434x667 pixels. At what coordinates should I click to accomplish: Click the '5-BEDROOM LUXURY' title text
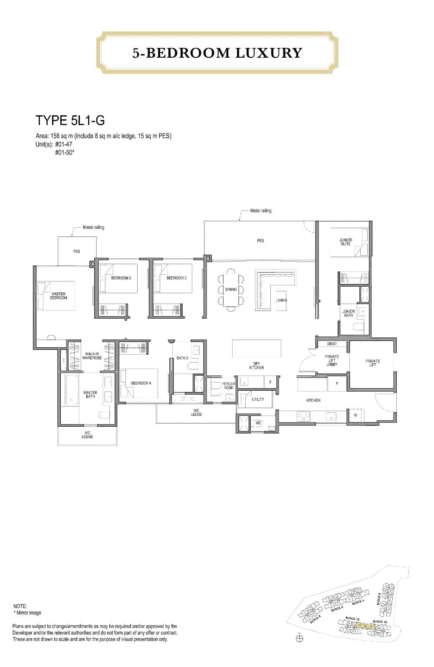pos(217,53)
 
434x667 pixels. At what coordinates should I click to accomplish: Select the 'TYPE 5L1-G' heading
pos(70,120)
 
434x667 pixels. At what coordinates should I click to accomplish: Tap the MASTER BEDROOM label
pos(59,296)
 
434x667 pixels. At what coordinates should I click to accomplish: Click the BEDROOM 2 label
pos(121,278)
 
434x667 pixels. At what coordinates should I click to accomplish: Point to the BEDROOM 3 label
pos(176,278)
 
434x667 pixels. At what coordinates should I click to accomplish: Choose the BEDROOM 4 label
pos(141,383)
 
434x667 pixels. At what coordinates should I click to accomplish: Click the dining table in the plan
pos(231,289)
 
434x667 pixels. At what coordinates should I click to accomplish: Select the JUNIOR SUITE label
pos(345,242)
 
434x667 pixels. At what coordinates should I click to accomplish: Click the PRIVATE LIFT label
pos(372,363)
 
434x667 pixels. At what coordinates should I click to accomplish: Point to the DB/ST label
pos(332,344)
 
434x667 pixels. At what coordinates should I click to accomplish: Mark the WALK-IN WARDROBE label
pos(92,356)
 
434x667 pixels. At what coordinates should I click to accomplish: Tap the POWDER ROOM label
pos(229,386)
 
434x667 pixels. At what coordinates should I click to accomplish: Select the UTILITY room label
pos(258,399)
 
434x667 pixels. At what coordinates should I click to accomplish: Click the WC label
pos(258,423)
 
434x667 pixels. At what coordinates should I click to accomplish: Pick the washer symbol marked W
pos(355,415)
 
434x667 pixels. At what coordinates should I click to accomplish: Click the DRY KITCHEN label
pos(256,366)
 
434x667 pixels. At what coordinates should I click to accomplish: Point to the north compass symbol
pos(299,638)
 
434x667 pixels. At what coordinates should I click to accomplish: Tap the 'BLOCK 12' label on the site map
pos(352,618)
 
